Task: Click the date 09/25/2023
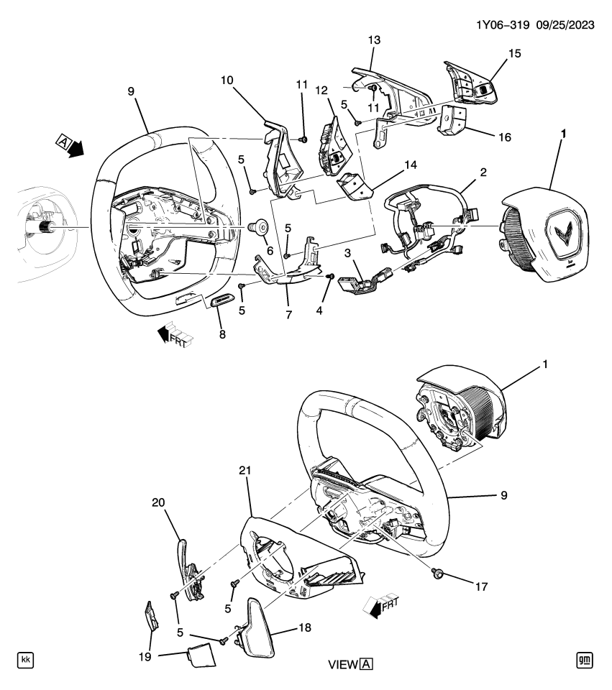564,24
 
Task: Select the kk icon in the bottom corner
25,660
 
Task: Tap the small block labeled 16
452,120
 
